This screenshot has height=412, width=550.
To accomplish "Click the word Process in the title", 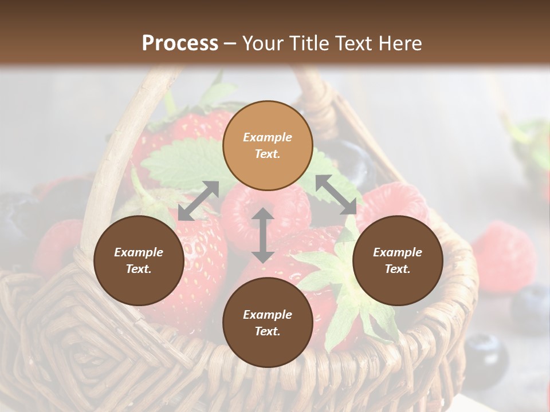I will tap(180, 43).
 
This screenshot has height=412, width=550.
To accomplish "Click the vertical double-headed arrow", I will tap(263, 235).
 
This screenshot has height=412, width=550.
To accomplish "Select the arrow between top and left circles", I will tap(198, 201).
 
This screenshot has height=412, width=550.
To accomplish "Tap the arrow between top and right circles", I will tap(336, 195).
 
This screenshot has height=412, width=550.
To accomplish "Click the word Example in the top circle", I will tap(268, 137).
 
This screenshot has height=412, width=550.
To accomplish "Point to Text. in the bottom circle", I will tap(268, 331).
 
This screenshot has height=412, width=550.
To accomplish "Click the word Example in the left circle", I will tap(139, 252).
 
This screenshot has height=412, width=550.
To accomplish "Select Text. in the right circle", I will tap(398, 269).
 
